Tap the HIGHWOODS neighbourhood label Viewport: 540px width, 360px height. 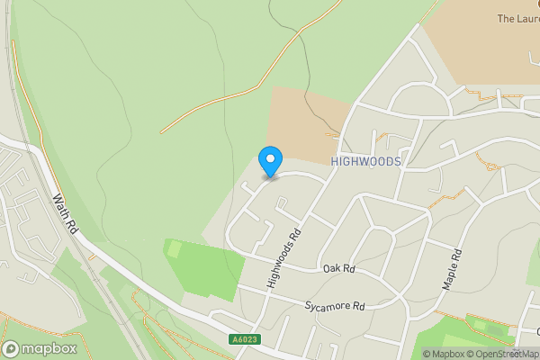(x=365, y=161)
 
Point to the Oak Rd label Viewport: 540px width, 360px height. (x=339, y=269)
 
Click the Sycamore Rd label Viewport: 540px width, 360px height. (x=334, y=307)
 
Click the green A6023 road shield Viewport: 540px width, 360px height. (x=244, y=339)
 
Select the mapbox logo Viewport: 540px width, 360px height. (x=39, y=348)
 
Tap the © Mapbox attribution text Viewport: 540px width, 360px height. (x=442, y=354)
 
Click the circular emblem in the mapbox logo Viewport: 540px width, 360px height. (x=11, y=348)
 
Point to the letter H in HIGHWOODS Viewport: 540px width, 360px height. (x=335, y=161)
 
